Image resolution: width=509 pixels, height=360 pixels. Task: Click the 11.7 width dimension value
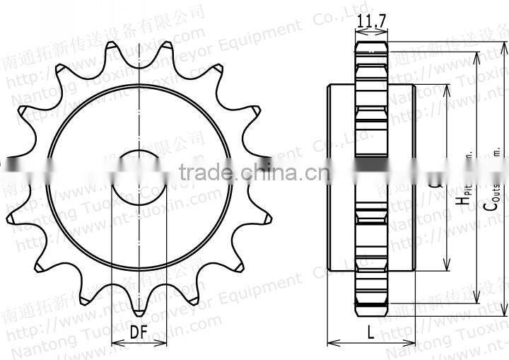371,21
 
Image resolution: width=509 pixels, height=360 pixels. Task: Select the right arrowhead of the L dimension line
411,343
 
